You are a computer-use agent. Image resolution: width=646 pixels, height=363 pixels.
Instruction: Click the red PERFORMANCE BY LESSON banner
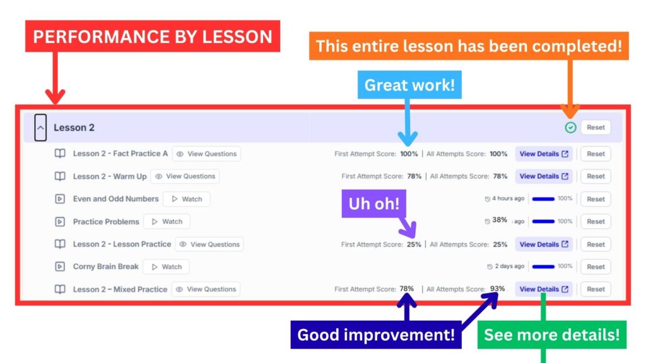153,36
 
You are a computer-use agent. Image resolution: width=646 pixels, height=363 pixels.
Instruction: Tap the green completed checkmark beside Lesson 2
570,127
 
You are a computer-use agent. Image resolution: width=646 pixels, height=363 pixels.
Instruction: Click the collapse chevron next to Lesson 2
40,127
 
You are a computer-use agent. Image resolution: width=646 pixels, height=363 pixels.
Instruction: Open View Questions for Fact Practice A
206,154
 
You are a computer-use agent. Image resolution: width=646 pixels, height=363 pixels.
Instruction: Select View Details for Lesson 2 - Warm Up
544,176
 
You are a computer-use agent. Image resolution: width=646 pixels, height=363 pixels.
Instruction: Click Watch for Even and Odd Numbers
187,199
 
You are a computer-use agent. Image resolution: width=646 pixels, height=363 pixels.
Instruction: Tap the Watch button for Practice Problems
167,221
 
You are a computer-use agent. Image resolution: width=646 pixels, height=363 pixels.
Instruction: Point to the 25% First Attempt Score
414,245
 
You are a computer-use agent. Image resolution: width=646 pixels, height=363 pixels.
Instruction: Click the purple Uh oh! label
373,204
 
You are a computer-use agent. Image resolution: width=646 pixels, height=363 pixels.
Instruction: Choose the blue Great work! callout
409,85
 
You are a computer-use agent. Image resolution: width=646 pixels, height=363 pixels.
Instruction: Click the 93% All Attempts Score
497,289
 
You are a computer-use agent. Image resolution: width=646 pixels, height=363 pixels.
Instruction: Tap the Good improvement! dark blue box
376,335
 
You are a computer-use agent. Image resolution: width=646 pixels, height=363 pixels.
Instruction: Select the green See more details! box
551,335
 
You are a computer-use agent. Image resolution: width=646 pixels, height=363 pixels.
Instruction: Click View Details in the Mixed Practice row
544,289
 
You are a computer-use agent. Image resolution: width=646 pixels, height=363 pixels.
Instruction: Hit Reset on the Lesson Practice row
596,245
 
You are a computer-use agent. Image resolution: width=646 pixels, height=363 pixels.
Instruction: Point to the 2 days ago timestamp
510,267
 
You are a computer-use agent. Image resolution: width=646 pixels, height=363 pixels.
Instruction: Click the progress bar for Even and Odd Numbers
543,199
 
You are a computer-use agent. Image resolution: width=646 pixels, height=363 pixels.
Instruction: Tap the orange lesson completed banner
469,46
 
